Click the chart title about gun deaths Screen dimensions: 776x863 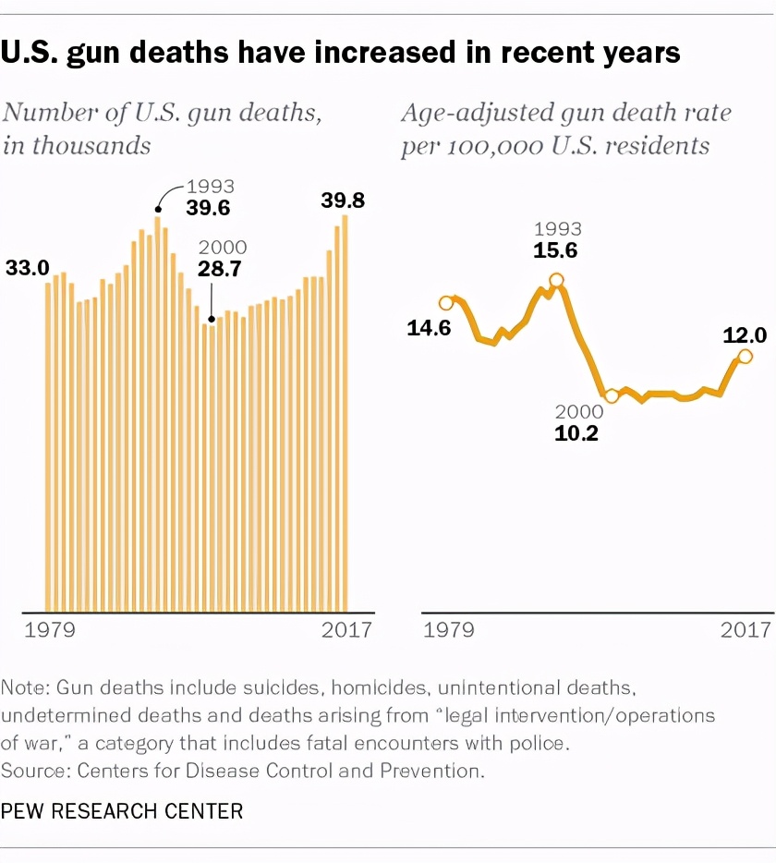(340, 54)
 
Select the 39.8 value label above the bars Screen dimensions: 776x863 (343, 201)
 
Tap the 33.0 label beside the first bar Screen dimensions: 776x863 (28, 268)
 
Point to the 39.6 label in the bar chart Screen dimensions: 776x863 (208, 208)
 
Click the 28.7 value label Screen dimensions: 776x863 (220, 269)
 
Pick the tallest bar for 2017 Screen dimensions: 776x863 (346, 413)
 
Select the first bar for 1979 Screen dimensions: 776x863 (48, 447)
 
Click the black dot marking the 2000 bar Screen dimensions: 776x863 (212, 319)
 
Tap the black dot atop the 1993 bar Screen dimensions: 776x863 (158, 209)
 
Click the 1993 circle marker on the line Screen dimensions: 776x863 (556, 280)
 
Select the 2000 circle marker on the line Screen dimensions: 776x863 (612, 396)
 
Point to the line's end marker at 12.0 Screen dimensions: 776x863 (745, 357)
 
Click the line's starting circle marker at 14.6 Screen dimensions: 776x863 (446, 303)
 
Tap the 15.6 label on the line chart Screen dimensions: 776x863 (555, 251)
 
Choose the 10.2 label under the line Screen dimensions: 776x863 (576, 433)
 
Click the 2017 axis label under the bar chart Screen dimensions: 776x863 (346, 629)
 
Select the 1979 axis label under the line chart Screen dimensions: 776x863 (449, 629)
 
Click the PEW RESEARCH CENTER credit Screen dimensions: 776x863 (122, 811)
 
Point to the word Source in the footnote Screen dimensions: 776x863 (32, 771)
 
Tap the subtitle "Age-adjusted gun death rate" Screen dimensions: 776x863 (566, 114)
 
